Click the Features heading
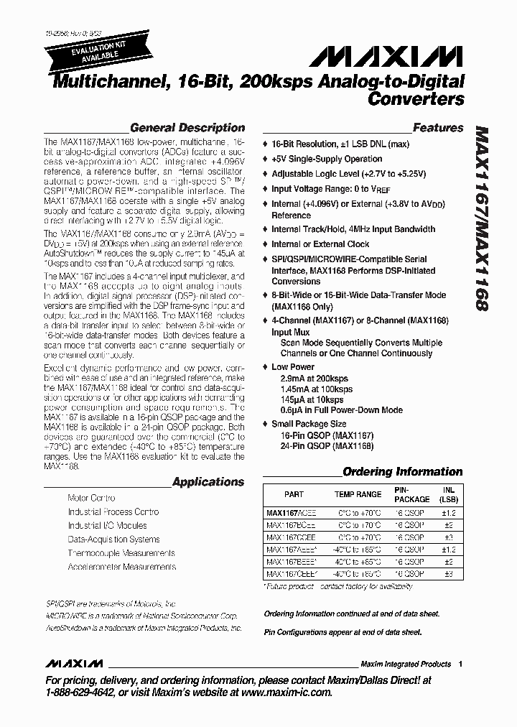click(438, 128)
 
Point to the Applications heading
click(208, 482)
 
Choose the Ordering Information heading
click(402, 472)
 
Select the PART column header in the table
click(294, 494)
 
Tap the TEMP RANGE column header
click(358, 494)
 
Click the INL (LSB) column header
click(449, 494)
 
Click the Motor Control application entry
click(91, 498)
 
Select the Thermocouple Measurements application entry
click(121, 553)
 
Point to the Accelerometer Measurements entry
click(121, 567)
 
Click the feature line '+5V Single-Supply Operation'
click(327, 159)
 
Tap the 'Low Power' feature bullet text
click(290, 367)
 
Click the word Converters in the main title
click(416, 99)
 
